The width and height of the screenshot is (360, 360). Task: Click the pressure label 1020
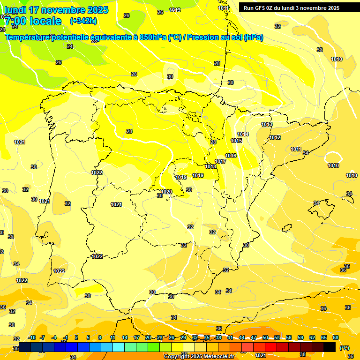pos(166,192)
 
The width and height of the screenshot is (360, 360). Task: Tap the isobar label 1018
pos(210,166)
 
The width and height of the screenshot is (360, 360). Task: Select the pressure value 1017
pos(220,161)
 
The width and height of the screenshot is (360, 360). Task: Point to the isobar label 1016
pos(231,156)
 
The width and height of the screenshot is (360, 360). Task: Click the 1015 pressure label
pos(236,141)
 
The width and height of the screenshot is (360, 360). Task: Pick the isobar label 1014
pos(243,135)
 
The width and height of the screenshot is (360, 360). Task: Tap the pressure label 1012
pos(275,137)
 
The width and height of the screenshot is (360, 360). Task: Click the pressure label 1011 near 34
pos(296,149)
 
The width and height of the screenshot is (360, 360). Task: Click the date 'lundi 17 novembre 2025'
pos(56,10)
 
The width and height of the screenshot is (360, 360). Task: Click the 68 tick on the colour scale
pos(336,337)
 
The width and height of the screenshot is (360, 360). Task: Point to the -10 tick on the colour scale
pos(32,337)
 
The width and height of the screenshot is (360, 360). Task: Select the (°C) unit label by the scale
pos(344,347)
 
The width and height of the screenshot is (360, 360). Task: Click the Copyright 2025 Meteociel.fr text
pos(199,356)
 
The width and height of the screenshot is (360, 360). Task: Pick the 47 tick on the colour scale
pos(254,337)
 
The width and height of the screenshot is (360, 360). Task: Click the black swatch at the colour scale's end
pos(330,347)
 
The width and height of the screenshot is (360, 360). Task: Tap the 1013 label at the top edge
pos(175,10)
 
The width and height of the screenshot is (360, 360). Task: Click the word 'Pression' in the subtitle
pos(200,37)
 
